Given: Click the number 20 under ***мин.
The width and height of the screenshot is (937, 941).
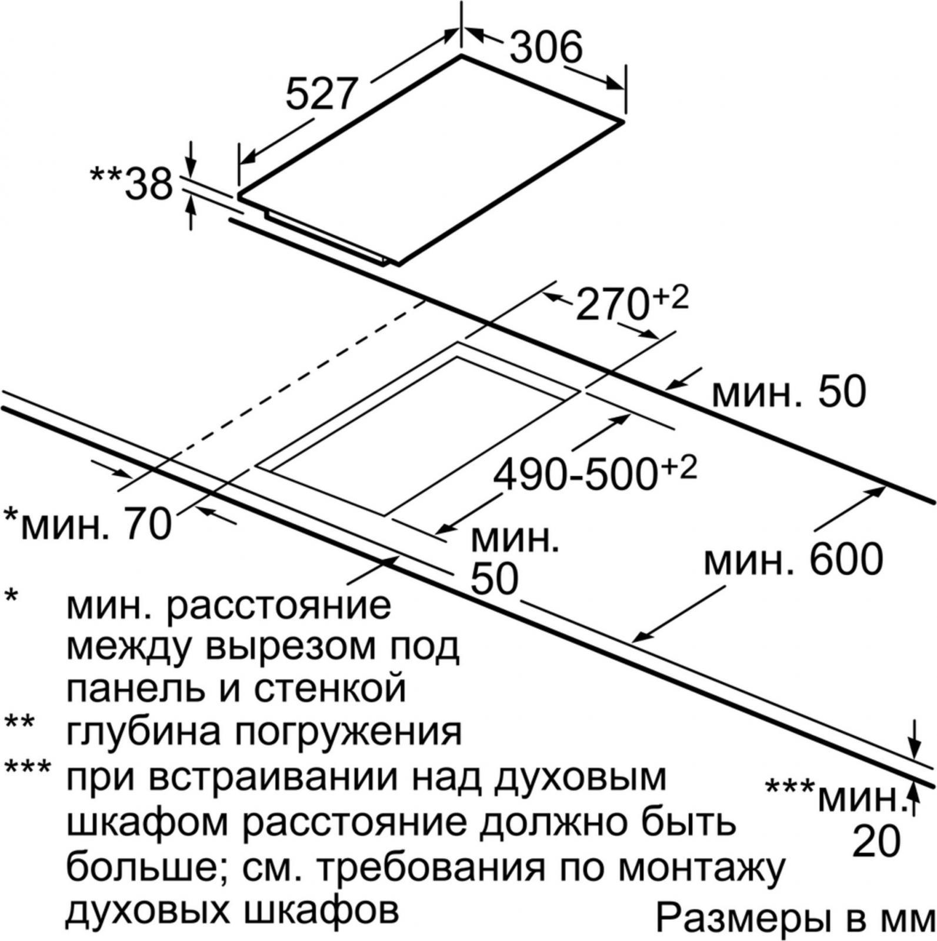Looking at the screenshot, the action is click(x=876, y=842).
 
